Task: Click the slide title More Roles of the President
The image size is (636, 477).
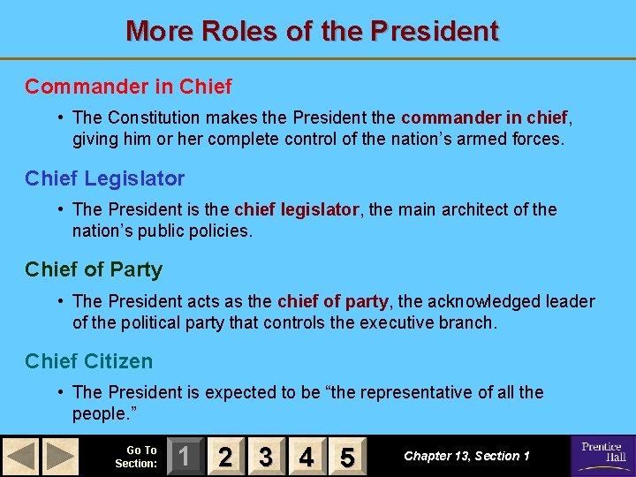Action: pos(313,31)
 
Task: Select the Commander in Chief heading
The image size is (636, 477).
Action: pos(128,87)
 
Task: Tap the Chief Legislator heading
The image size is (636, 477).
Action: pos(105,178)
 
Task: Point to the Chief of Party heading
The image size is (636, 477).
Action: pos(94,269)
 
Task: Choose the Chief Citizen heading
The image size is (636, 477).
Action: pos(88,361)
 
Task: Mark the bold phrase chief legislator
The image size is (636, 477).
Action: pos(297,209)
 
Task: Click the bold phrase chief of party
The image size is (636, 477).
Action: pos(333,301)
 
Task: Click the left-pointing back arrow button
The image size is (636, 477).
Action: pos(20,456)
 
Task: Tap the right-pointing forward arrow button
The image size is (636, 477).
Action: pos(60,456)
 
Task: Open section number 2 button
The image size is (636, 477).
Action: pos(225,456)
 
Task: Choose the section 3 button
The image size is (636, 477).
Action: pos(266,456)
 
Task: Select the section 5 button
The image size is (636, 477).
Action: pos(347,456)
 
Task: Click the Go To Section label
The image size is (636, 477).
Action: pos(136,456)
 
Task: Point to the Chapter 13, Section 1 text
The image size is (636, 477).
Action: pos(466,456)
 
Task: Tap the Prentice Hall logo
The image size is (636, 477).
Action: pos(602,454)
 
